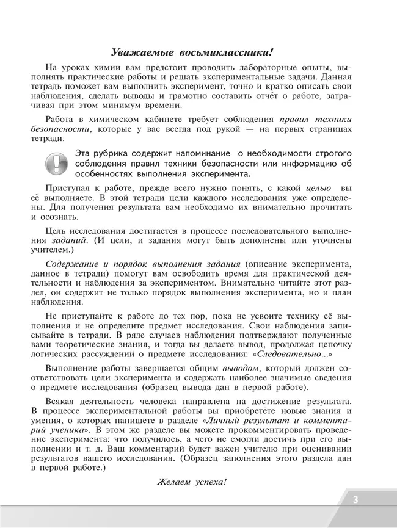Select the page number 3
355,500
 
